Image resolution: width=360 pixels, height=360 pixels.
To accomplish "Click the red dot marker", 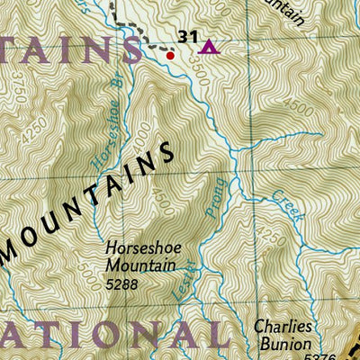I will click(x=170, y=54).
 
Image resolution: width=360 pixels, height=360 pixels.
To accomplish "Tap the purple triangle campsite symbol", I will click(x=209, y=47).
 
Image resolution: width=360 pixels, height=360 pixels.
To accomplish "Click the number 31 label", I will click(x=187, y=36).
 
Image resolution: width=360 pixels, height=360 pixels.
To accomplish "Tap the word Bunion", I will click(x=283, y=344).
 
